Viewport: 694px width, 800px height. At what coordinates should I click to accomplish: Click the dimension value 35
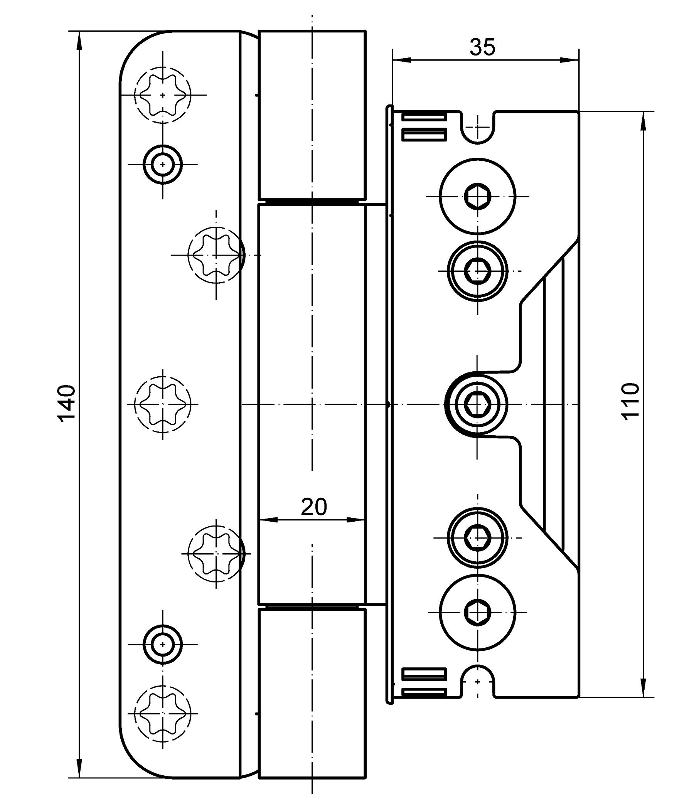[482, 47]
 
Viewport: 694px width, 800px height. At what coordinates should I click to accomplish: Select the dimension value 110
[629, 401]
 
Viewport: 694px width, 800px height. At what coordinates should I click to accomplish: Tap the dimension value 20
[314, 507]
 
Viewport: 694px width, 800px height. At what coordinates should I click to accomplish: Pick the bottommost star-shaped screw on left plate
[163, 713]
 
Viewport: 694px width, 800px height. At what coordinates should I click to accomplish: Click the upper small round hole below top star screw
[163, 164]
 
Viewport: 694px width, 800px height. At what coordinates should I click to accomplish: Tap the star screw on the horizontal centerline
[163, 404]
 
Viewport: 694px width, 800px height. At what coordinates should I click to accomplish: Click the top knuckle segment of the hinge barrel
[312, 115]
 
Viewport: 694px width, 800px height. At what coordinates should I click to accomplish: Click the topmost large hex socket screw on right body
[478, 196]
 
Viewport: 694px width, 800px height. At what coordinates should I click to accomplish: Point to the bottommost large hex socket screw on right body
[478, 612]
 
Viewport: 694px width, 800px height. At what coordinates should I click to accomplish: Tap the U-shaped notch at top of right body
[478, 128]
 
